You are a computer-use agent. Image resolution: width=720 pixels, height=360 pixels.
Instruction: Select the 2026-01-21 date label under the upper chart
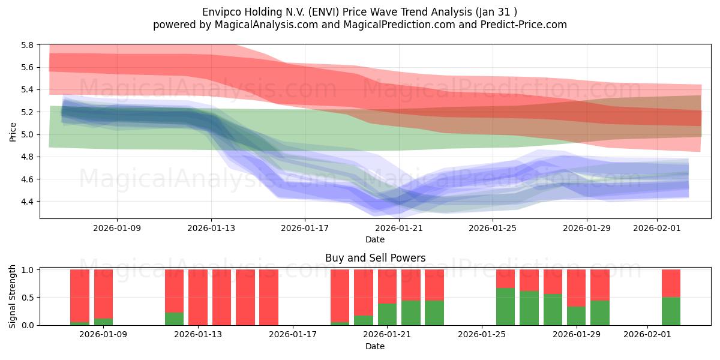[398, 228]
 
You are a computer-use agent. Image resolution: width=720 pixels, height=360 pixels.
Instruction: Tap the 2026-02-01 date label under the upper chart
[657, 228]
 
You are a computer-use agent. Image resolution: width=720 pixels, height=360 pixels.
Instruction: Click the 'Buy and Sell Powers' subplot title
[375, 258]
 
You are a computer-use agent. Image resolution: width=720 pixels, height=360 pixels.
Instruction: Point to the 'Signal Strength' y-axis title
[13, 296]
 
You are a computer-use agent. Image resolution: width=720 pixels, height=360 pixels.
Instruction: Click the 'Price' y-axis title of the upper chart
[13, 131]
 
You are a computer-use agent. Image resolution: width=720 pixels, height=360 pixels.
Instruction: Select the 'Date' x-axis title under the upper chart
[375, 239]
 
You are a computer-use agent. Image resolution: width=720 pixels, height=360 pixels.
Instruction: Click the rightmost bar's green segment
[671, 311]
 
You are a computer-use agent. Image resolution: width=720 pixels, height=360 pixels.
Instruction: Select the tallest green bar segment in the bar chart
[505, 307]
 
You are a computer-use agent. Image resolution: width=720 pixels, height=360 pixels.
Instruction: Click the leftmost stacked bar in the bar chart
[80, 297]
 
